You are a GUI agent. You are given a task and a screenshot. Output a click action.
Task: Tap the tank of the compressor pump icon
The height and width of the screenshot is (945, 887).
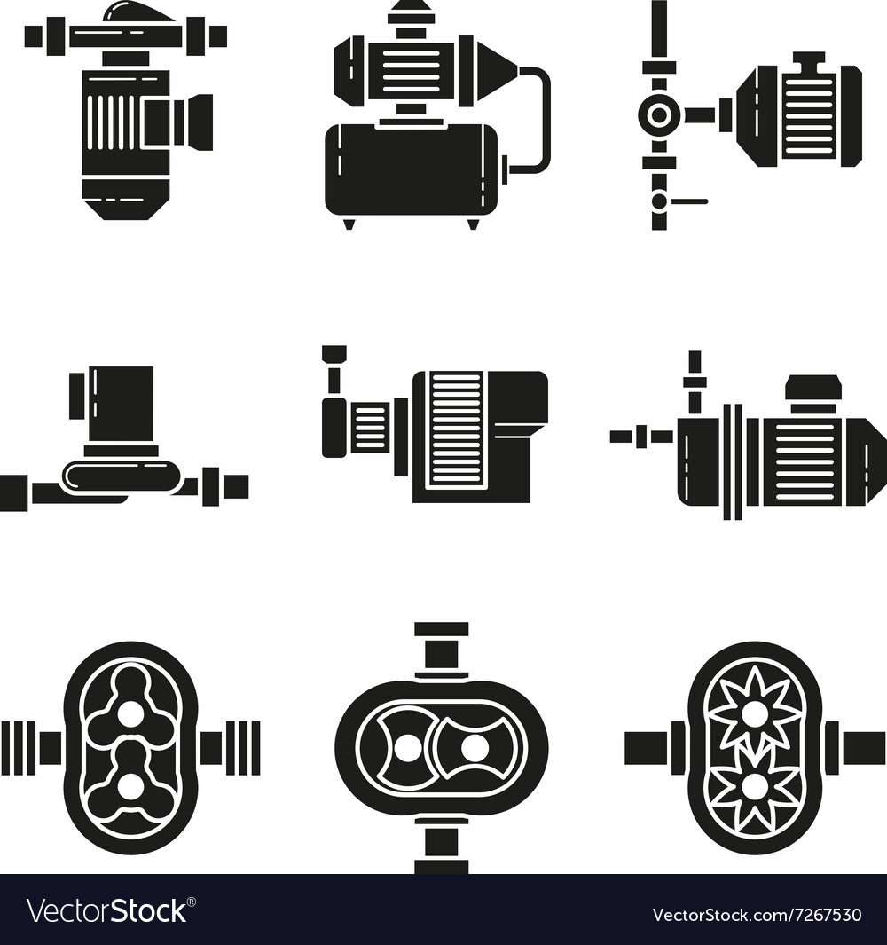411,169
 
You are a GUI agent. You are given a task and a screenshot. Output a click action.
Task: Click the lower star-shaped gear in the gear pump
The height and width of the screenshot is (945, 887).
754,785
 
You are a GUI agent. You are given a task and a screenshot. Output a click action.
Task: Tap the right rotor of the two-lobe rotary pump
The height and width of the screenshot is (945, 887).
475,747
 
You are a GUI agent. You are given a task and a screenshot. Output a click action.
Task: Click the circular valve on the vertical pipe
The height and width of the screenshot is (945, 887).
658,114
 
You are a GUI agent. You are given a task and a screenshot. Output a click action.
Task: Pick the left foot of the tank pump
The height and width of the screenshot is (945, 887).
349,223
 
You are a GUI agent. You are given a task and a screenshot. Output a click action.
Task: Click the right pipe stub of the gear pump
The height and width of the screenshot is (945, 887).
860,748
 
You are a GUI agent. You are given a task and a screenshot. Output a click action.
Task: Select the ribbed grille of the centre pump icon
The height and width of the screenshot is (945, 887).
455,429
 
